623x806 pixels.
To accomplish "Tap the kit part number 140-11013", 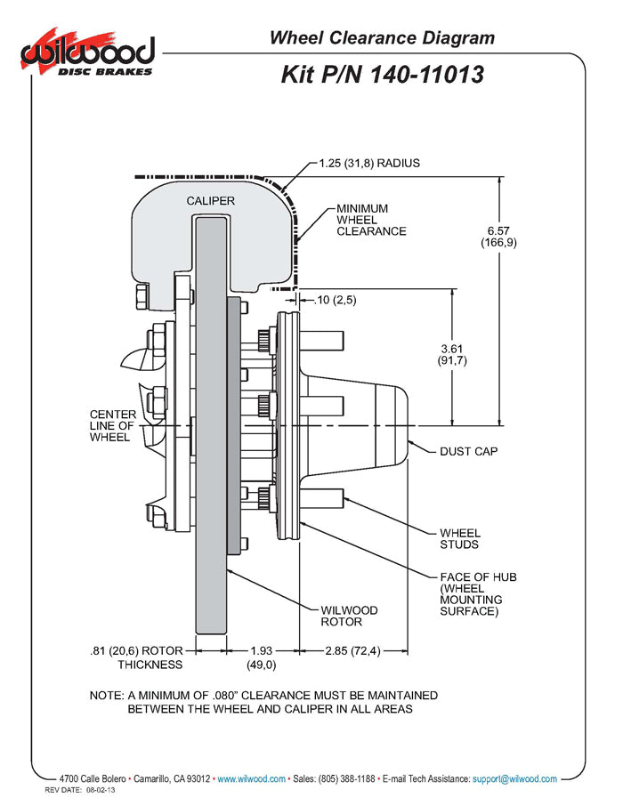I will [x=382, y=74].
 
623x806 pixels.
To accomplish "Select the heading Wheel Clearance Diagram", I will [x=382, y=37].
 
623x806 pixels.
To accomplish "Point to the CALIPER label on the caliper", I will [x=211, y=201].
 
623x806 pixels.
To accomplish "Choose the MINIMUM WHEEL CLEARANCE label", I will [x=371, y=220].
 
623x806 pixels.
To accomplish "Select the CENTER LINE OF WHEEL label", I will [x=113, y=426].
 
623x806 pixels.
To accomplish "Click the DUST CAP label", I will [x=468, y=451].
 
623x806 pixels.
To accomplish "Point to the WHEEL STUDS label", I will [x=460, y=539].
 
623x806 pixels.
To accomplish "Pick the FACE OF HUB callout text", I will [x=478, y=594].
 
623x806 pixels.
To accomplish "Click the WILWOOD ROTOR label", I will [x=349, y=616].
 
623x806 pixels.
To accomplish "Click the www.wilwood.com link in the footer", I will [x=251, y=778].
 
